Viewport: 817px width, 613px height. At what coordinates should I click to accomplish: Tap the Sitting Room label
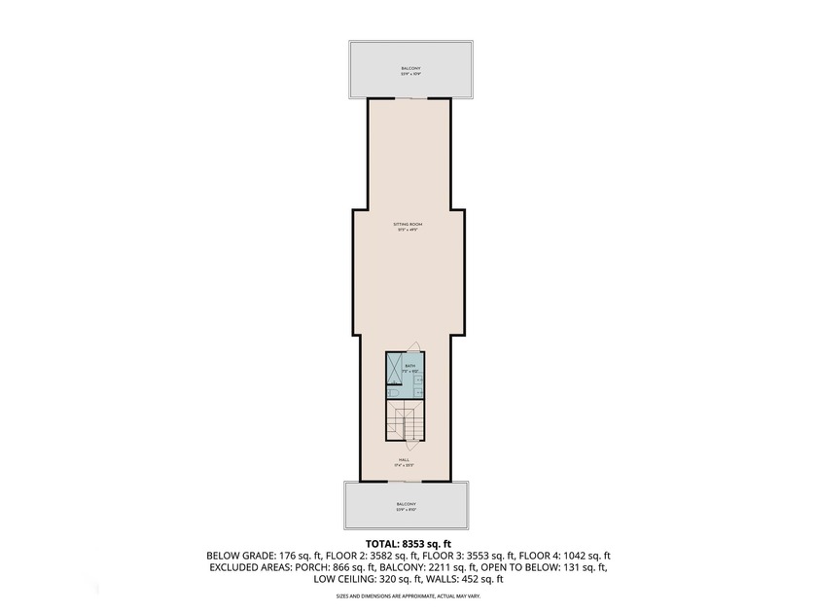click(408, 226)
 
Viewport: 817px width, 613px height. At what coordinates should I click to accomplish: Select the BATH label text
click(409, 367)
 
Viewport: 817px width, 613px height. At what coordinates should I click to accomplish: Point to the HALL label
click(404, 460)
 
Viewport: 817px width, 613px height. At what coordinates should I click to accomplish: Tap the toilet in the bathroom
click(392, 392)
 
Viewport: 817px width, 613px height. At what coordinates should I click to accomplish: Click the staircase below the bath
click(402, 423)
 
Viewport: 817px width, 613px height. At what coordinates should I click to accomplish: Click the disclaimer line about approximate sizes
click(408, 594)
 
